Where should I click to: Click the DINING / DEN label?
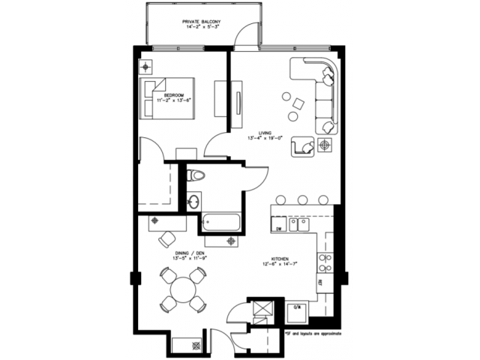tap(190, 253)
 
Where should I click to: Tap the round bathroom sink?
tap(193, 201)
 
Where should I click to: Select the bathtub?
tap(221, 223)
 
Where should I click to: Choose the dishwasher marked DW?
tap(277, 224)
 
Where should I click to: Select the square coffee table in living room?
tap(296, 103)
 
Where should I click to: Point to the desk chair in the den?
tap(166, 239)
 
